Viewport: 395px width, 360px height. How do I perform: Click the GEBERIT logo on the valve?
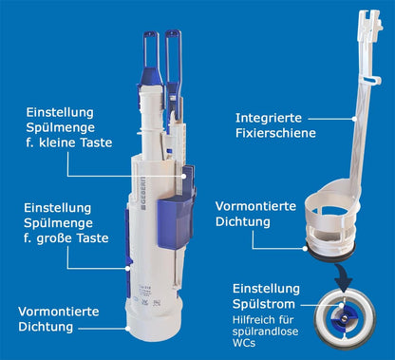pos(144,194)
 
